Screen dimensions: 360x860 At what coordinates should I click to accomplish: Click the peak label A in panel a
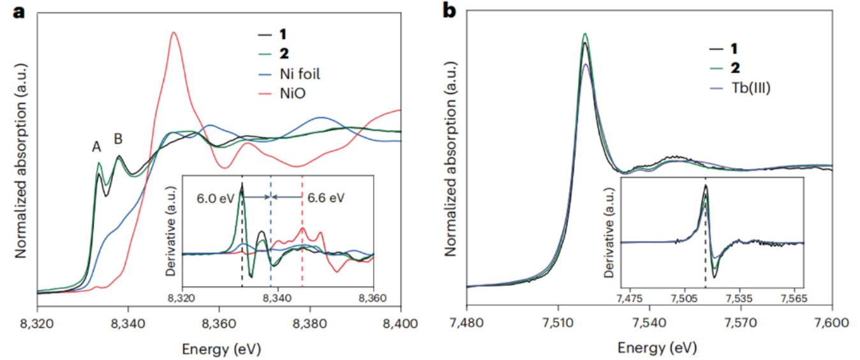pyautogui.click(x=97, y=147)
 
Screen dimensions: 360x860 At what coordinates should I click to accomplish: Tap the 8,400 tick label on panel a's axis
pyautogui.click(x=400, y=322)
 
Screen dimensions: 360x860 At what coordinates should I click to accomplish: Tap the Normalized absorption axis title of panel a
pyautogui.click(x=21, y=160)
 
